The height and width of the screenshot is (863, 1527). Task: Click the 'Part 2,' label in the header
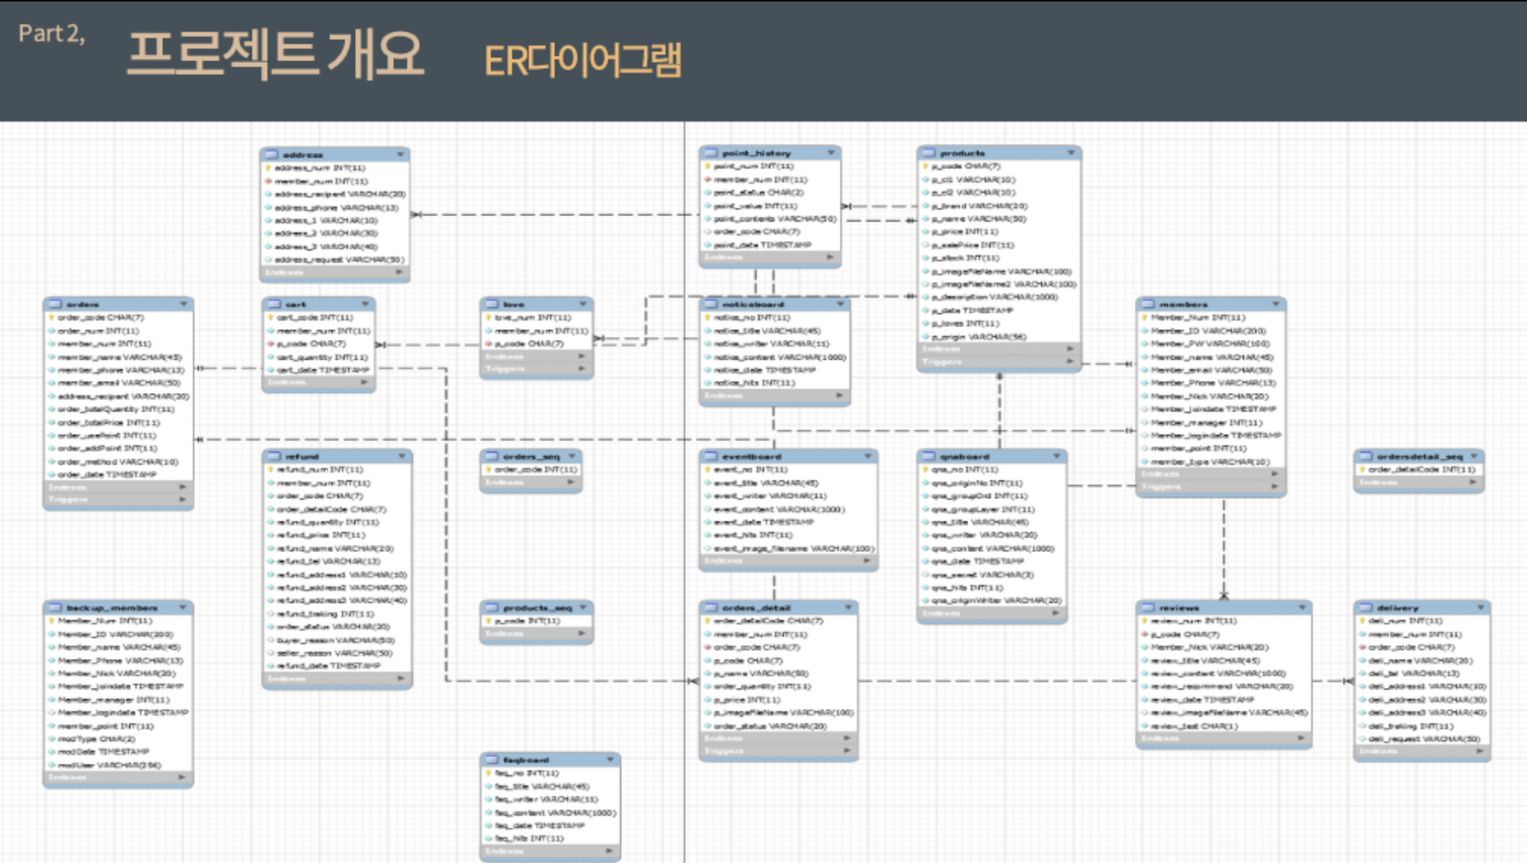(52, 33)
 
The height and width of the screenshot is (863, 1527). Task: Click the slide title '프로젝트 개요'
(275, 54)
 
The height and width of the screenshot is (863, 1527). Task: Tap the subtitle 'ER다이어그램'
(583, 60)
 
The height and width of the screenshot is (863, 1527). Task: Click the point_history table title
(756, 153)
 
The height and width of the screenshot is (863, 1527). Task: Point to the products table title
(962, 153)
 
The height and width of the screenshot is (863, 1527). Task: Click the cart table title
(296, 305)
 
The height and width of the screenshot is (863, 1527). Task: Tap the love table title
(514, 305)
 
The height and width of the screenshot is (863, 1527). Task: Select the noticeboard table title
(753, 305)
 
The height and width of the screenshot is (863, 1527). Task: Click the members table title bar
(1183, 305)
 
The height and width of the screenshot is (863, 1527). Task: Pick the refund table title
(302, 457)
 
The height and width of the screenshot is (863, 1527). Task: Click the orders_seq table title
(531, 457)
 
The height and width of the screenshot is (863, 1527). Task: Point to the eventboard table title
(751, 457)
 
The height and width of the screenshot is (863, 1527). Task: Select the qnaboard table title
(964, 457)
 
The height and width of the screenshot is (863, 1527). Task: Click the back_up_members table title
(112, 608)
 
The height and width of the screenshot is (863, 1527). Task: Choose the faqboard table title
(526, 760)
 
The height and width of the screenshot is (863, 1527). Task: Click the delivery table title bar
(1397, 608)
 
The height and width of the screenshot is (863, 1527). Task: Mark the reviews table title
(1179, 608)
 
